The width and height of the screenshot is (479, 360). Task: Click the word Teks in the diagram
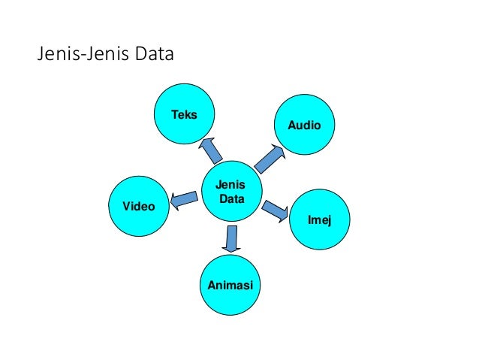(x=183, y=114)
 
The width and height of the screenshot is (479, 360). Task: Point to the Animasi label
(x=229, y=285)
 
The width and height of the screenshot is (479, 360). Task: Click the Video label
(x=138, y=205)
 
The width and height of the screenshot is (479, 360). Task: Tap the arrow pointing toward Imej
(x=275, y=210)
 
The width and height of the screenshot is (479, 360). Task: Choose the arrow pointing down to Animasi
(x=231, y=238)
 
